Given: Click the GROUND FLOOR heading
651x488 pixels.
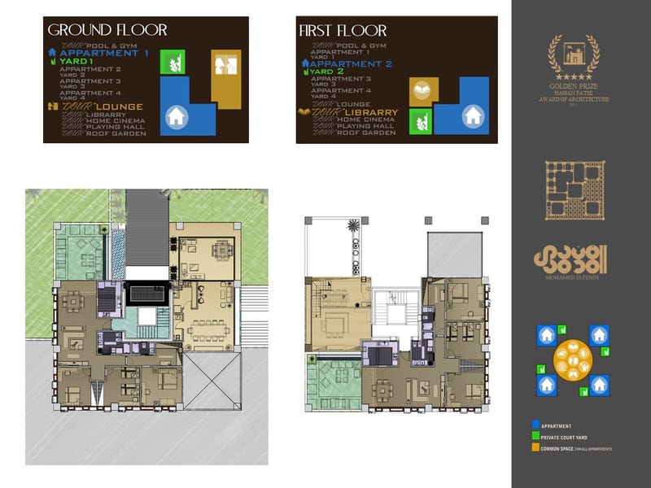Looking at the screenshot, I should pos(107,30).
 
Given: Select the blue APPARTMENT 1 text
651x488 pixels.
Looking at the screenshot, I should pos(103,53).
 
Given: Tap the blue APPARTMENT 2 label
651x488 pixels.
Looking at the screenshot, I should pos(352,63).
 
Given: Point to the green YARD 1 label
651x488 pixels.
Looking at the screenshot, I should pos(76,62).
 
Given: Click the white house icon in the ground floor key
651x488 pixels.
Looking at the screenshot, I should pos(175,117).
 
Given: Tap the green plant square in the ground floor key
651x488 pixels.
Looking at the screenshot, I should pos(173,62).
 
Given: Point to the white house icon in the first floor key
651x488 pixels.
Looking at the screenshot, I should pos(472,115).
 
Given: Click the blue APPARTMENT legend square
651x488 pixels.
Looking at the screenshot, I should pos(535,425).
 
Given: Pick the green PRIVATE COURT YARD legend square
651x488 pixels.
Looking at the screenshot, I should pos(535,437).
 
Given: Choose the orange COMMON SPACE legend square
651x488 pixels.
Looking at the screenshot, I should pos(535,448).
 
